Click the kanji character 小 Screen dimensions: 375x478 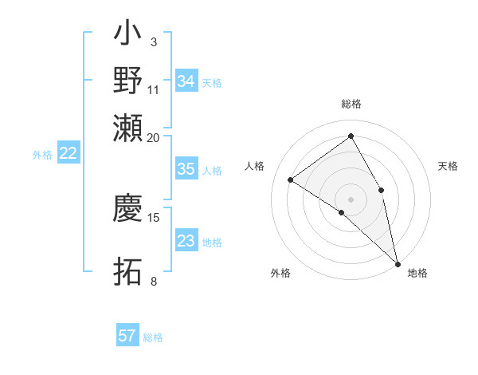click(128, 36)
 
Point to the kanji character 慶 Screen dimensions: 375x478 click(128, 207)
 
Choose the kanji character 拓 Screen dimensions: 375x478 click(128, 272)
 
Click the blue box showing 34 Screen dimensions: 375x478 click(186, 81)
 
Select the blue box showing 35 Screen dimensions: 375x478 click(186, 169)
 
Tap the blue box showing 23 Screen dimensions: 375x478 click(186, 241)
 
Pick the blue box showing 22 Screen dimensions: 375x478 click(68, 154)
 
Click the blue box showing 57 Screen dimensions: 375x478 click(127, 336)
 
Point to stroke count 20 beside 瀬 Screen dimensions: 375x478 click(154, 137)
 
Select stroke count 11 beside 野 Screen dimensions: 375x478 click(154, 89)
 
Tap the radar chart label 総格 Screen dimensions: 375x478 click(351, 104)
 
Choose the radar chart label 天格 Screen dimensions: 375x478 click(448, 166)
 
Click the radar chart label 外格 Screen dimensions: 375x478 click(280, 273)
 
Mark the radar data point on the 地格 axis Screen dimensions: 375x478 click(397, 262)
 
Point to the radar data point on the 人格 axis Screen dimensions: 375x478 click(291, 180)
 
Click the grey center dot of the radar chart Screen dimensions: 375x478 click(351, 199)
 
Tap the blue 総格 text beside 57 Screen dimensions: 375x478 click(153, 337)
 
